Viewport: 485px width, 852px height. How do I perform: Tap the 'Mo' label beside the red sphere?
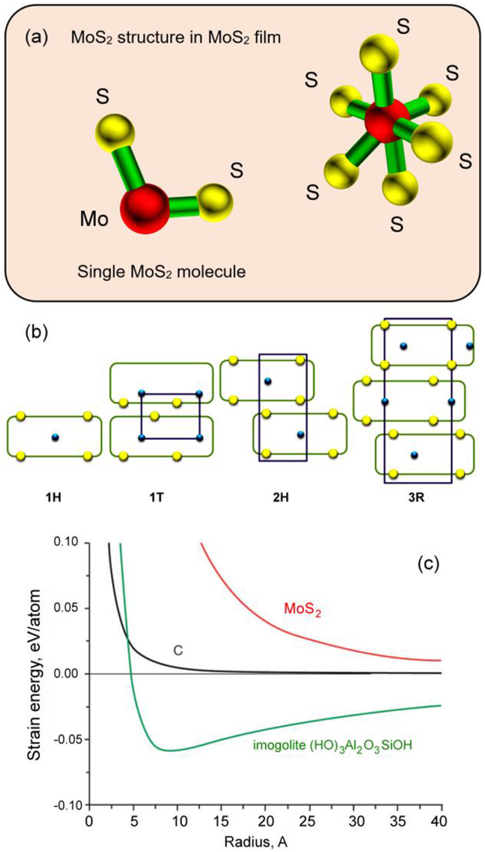pyautogui.click(x=94, y=218)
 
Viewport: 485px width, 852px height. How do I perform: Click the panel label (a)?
pyautogui.click(x=37, y=38)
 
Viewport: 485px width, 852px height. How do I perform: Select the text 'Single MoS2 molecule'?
pyautogui.click(x=161, y=272)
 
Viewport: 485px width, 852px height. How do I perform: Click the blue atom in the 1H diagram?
pyautogui.click(x=55, y=437)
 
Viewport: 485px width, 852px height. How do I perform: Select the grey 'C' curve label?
pyautogui.click(x=178, y=650)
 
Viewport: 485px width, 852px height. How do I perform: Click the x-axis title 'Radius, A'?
pyautogui.click(x=256, y=842)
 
